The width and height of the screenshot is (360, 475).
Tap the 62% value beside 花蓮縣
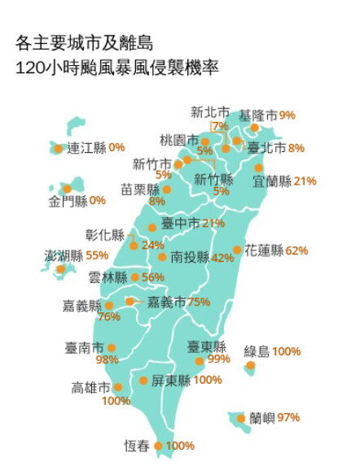pos(296,251)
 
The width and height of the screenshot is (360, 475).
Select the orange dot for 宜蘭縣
pos(259,168)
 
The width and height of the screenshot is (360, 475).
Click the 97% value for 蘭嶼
pos(288,418)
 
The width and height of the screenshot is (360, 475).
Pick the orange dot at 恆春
pos(158,446)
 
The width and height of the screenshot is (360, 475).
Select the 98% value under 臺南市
pos(107,360)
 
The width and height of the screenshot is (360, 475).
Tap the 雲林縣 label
pos(108,277)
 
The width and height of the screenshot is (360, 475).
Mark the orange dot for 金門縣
pos(68,189)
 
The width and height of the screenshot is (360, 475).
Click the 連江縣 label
pos(87,148)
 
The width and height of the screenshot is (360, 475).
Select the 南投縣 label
pos(190,257)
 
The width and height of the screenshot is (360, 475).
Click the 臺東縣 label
pos(206,346)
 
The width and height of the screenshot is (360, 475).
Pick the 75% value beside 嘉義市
pos(199,301)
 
